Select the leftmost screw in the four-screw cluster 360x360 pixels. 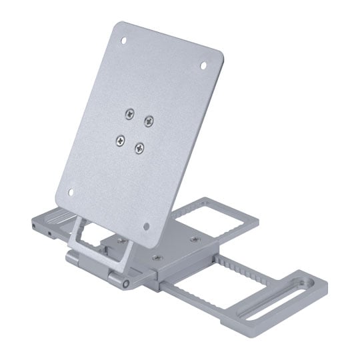121,139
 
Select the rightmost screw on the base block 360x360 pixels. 195,238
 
